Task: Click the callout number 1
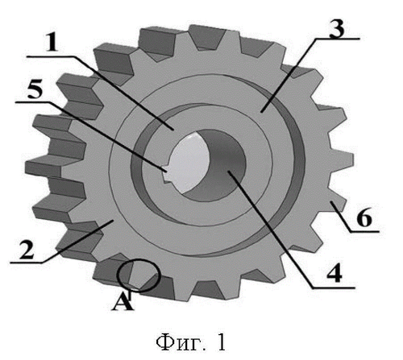[52, 43]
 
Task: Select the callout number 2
[26, 250]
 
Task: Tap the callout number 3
[336, 28]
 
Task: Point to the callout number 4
[334, 272]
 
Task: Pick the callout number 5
[35, 89]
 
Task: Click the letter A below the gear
[123, 301]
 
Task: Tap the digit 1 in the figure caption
[221, 342]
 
